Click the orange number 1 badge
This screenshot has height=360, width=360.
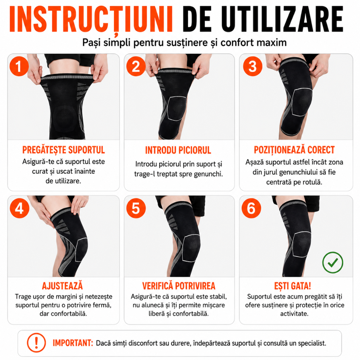tap(19, 66)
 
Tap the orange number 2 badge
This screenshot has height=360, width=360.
tap(136, 66)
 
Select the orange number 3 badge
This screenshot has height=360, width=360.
tap(253, 66)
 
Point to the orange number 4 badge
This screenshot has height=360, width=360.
tap(20, 208)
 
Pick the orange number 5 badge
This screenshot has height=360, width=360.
tap(136, 208)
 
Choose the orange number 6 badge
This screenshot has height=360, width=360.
tap(251, 208)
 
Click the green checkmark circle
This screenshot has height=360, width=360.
tap(333, 262)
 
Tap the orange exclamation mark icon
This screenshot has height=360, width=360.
tap(36, 343)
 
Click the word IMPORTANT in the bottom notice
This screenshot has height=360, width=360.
tap(73, 343)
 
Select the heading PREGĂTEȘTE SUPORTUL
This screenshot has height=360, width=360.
tap(64, 150)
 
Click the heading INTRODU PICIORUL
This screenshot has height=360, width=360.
tap(178, 150)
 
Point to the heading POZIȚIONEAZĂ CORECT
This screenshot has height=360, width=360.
tap(294, 150)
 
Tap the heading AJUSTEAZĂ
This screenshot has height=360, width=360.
tap(62, 286)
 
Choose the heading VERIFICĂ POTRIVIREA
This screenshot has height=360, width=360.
tap(179, 286)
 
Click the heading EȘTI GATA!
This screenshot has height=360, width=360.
tap(293, 286)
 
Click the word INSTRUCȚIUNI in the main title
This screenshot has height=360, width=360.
tap(91, 19)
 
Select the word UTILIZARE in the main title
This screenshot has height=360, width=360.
tap(282, 19)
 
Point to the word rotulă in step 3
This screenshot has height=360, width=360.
tap(310, 182)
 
